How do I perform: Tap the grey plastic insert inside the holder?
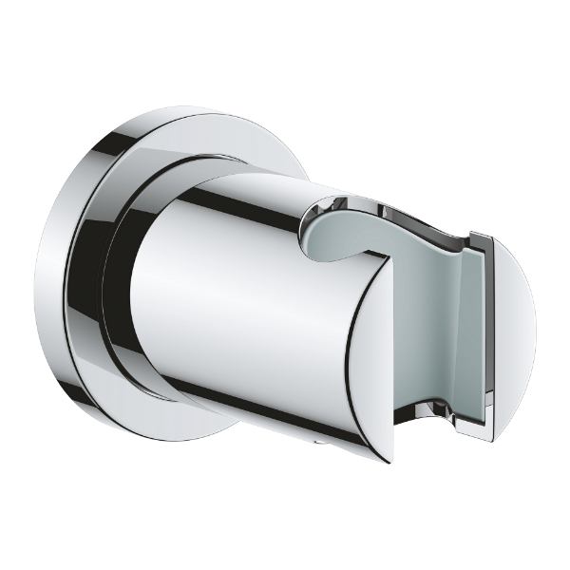418,313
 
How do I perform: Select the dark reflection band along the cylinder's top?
247,195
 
